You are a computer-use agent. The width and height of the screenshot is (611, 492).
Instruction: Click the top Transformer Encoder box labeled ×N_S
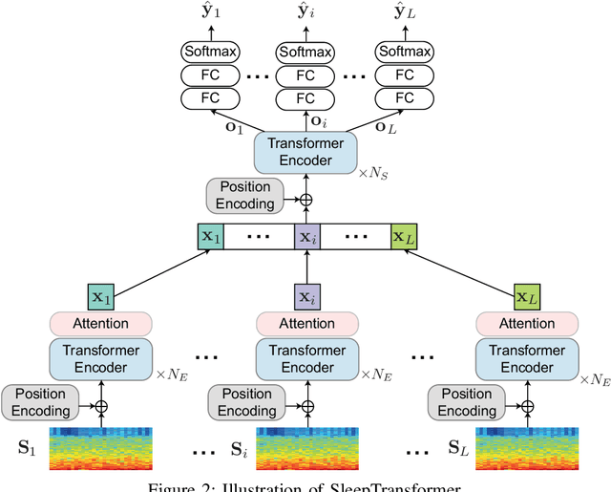coord(305,153)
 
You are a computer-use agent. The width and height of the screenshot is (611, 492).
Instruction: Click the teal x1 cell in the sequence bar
coord(210,236)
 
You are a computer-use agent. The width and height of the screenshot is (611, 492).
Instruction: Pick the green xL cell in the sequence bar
coord(404,236)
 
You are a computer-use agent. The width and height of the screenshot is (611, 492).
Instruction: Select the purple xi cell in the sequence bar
coord(305,236)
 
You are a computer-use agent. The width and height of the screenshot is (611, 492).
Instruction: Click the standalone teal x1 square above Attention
coord(100,297)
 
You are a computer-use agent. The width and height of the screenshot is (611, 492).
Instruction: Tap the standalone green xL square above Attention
coord(526,297)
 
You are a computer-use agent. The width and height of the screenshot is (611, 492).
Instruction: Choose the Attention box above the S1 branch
coord(101,323)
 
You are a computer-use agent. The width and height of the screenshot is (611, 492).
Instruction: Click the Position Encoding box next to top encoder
coord(245,195)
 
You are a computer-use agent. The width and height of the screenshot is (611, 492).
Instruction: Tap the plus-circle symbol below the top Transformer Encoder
coord(305,201)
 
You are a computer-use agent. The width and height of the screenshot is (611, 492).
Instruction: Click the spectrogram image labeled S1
coord(101,447)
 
